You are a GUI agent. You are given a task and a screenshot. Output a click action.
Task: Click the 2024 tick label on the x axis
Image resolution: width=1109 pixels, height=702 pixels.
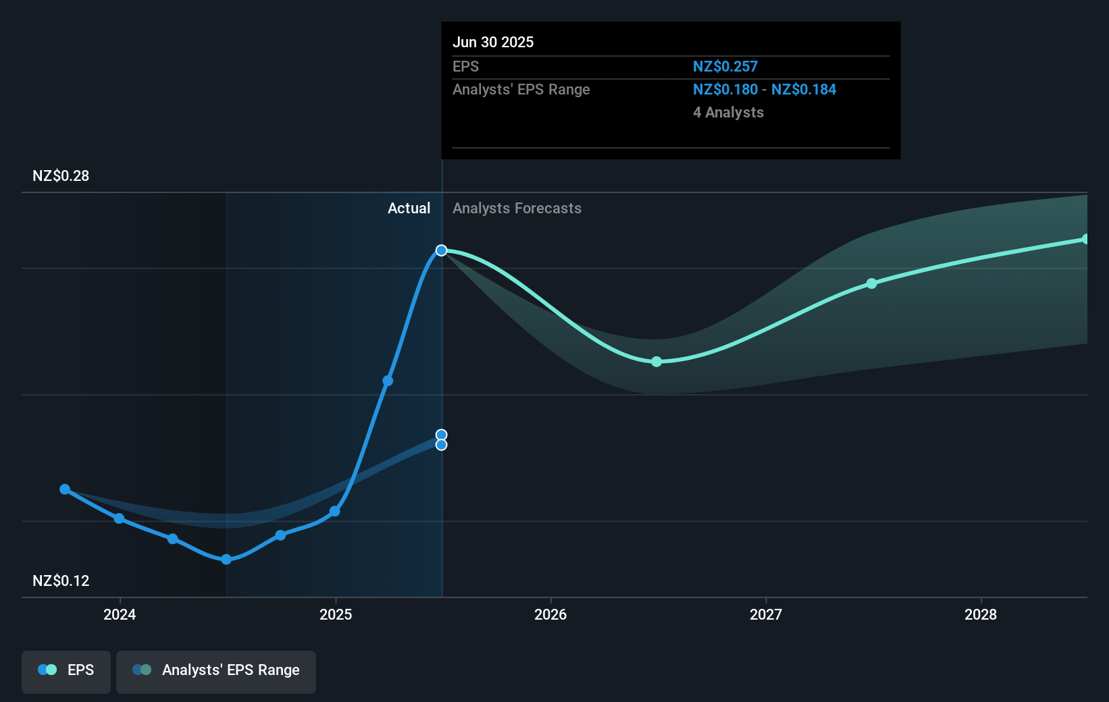120,614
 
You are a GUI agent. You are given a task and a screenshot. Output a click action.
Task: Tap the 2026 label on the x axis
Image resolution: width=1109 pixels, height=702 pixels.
550,614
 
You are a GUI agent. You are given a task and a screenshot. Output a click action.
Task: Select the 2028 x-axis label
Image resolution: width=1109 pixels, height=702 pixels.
981,614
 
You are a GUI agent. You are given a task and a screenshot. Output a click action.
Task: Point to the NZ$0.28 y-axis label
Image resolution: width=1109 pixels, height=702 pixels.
61,176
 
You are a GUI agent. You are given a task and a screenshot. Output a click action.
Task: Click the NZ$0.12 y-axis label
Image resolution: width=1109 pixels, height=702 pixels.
61,580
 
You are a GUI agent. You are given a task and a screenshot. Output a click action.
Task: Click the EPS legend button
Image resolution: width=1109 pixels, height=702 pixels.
66,670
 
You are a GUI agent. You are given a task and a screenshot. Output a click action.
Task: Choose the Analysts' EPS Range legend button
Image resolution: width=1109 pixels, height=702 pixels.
216,670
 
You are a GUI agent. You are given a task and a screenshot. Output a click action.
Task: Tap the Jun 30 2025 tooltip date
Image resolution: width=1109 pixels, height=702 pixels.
493,43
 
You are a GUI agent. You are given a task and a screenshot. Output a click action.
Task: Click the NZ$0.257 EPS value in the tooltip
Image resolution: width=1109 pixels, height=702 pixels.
725,67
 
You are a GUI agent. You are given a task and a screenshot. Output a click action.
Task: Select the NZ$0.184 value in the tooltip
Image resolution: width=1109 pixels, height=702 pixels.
804,90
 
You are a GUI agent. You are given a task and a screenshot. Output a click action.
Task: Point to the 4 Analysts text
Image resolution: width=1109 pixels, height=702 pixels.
728,113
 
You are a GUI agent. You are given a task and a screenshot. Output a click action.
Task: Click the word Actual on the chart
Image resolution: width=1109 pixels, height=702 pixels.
409,209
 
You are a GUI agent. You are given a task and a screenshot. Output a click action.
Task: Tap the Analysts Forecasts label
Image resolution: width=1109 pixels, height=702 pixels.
517,209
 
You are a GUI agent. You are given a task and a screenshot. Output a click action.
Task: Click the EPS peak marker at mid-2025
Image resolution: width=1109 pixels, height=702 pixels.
441,250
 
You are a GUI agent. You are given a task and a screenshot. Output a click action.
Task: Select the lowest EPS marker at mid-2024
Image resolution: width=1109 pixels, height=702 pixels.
226,560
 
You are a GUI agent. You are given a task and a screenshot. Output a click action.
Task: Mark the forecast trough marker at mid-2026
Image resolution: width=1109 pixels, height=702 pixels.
656,362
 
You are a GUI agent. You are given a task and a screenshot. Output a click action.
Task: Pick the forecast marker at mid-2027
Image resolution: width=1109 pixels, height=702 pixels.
872,283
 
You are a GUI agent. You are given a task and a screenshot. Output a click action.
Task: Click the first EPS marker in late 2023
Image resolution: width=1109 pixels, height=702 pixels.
65,489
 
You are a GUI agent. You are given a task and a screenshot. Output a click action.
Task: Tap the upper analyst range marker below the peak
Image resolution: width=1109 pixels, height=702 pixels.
441,435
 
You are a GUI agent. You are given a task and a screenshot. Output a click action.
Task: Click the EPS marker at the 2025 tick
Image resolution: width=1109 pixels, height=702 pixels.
334,512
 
